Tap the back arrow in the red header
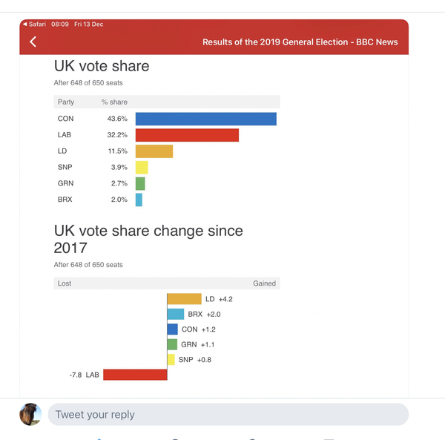(x=33, y=42)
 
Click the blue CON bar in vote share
(x=205, y=119)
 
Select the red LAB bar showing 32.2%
(x=187, y=135)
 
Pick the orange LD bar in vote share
(x=154, y=151)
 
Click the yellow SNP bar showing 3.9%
(x=142, y=168)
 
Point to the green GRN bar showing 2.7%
(x=140, y=183)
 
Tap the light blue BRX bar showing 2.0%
(x=139, y=200)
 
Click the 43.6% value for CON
(x=117, y=119)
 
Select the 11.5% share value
(x=117, y=151)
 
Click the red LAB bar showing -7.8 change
(x=135, y=375)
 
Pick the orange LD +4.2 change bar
(x=184, y=298)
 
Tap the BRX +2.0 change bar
(x=176, y=314)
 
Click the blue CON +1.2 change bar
(x=173, y=329)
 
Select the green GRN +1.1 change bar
(x=172, y=344)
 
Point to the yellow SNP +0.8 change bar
(x=171, y=360)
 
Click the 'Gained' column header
(x=264, y=283)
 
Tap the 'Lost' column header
(x=65, y=283)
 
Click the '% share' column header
(x=114, y=102)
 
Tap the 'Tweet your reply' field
(x=227, y=414)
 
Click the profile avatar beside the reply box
(x=30, y=414)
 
